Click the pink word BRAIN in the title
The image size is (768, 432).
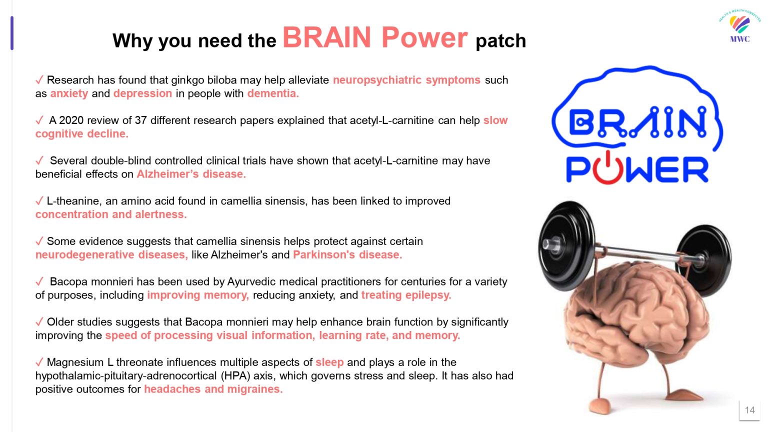[326, 37]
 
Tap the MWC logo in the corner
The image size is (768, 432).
[739, 26]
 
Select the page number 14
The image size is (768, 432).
[750, 410]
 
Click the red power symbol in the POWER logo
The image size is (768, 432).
[607, 168]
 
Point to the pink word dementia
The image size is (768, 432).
[273, 93]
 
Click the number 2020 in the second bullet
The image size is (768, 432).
[71, 120]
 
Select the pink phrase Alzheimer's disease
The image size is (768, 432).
[191, 174]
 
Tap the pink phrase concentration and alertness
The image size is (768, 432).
[111, 214]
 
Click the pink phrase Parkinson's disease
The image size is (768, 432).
[347, 254]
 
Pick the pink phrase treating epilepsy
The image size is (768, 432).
[406, 295]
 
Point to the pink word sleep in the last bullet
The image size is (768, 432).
[329, 362]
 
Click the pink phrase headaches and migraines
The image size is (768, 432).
[213, 389]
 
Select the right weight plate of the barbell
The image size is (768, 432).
[704, 260]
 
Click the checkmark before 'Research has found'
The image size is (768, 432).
[39, 80]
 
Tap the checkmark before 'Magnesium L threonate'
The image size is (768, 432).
[39, 362]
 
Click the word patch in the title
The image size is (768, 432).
[500, 41]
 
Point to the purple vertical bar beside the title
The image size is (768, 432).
[12, 33]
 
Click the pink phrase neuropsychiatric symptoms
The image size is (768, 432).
[406, 80]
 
